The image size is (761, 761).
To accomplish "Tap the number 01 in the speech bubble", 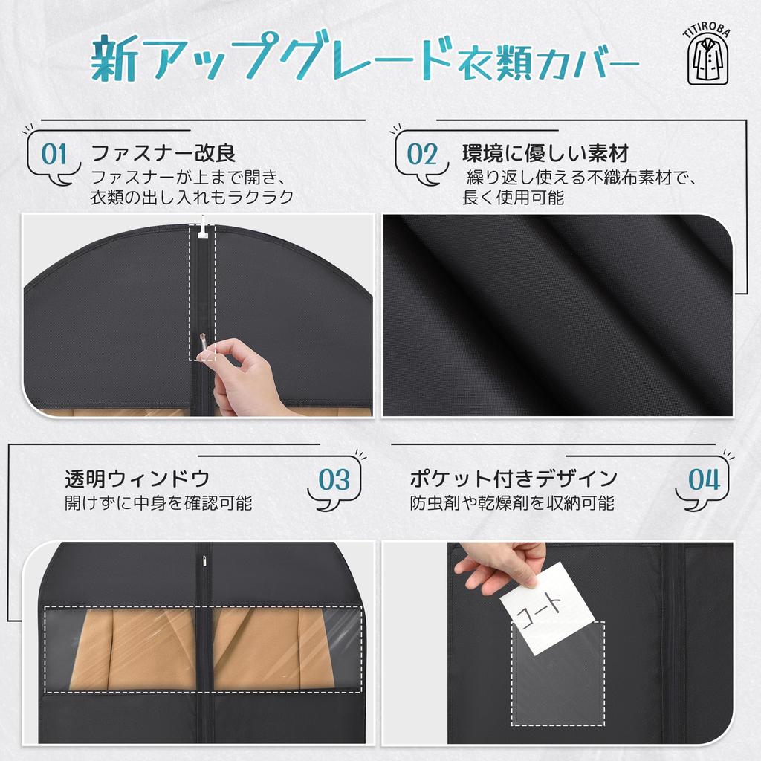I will pyautogui.click(x=54, y=155).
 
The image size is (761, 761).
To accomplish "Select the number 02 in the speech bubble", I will pyautogui.click(x=422, y=155).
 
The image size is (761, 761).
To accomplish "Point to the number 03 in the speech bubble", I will pyautogui.click(x=334, y=480).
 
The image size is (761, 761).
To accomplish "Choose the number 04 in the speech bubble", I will pyautogui.click(x=704, y=480).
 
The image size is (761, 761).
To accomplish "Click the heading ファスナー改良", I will pyautogui.click(x=163, y=154).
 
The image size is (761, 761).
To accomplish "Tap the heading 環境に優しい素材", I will pyautogui.click(x=545, y=154).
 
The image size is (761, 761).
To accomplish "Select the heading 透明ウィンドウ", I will pyautogui.click(x=137, y=478).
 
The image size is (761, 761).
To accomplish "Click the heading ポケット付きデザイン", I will pyautogui.click(x=514, y=478).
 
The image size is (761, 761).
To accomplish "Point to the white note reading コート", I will pyautogui.click(x=545, y=608).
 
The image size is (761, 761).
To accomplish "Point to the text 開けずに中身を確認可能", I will pyautogui.click(x=158, y=503).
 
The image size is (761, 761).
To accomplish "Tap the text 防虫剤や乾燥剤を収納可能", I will pyautogui.click(x=512, y=503).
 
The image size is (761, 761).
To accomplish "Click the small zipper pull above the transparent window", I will pyautogui.click(x=200, y=556).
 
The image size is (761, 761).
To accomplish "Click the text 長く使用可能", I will pyautogui.click(x=513, y=198).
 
